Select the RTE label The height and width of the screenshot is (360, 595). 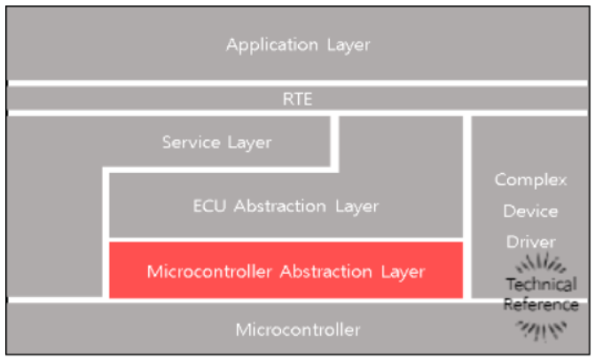coord(297,98)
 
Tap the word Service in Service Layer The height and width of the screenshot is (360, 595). coord(187,142)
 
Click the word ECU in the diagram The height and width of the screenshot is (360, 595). coord(209,207)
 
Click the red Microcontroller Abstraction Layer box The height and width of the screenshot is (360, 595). coord(285,270)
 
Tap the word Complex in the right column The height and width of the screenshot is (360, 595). coord(530,180)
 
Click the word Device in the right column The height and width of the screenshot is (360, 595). coord(530,211)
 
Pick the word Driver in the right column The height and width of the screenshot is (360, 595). coord(530,241)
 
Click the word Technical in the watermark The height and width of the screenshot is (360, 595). coord(540,285)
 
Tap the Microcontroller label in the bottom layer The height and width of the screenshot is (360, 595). coord(298,330)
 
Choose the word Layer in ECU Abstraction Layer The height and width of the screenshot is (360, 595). coord(356,207)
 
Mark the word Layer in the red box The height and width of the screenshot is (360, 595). coord(403,271)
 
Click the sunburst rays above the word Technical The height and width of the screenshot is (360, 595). coord(540,263)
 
